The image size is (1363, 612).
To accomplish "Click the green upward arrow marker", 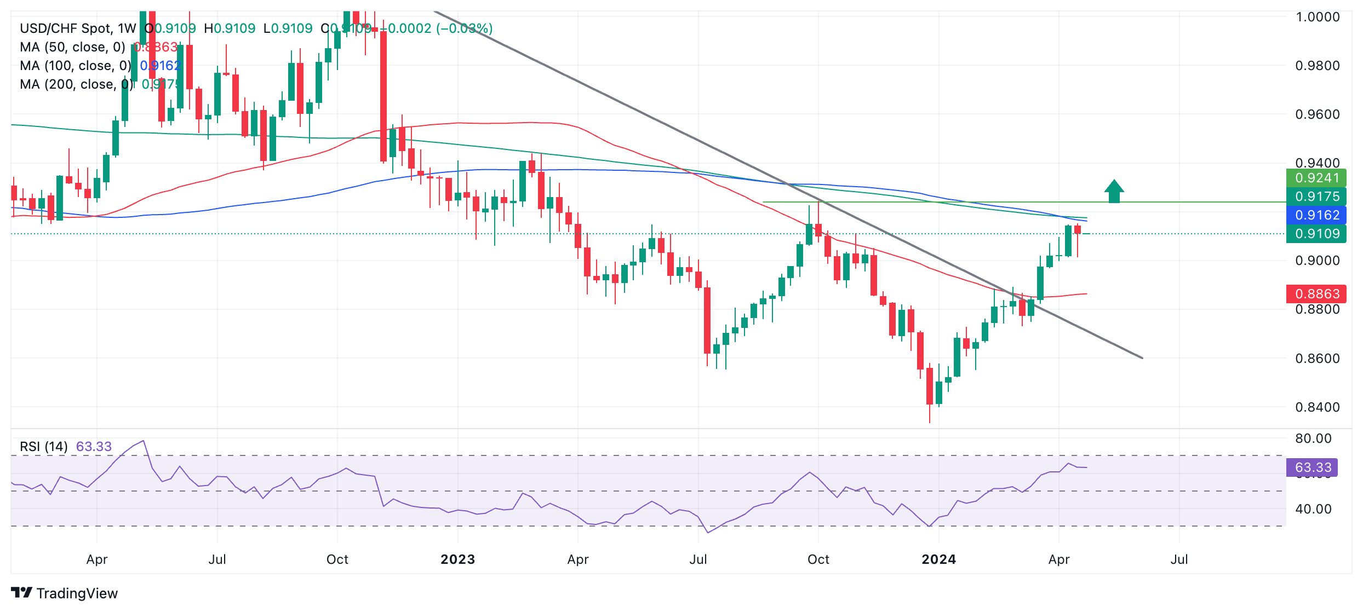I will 1114,192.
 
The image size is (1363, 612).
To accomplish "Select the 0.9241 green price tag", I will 1316,178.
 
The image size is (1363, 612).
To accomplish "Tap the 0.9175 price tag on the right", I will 1316,197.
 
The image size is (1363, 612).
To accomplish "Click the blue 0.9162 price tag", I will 1316,215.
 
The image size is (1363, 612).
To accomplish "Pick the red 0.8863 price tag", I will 1316,294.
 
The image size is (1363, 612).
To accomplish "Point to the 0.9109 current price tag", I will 1316,234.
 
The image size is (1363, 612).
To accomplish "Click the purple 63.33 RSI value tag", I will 1312,467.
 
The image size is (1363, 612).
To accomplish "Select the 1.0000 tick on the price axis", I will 1317,17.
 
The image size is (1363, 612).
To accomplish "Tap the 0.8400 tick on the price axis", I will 1317,407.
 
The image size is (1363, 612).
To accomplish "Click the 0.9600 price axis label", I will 1317,114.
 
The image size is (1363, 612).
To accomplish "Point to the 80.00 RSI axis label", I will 1313,438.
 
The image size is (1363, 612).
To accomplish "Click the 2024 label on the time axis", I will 938,559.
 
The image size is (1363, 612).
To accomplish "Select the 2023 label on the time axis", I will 457,559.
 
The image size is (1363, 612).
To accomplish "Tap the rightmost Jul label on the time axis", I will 1179,559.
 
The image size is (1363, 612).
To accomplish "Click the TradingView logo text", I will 77,593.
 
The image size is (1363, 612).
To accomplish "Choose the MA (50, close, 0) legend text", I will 72,47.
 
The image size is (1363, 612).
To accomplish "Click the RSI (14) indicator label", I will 44,447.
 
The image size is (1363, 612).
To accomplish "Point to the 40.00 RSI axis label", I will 1313,509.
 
